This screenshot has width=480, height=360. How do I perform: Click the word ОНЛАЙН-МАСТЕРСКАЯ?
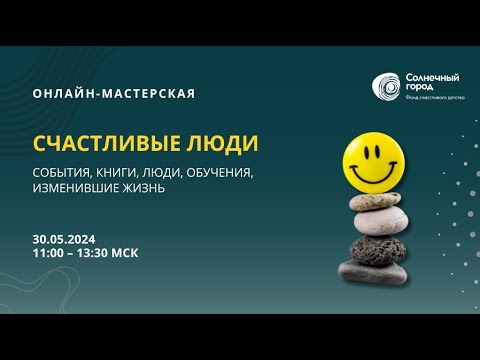pyautogui.click(x=113, y=94)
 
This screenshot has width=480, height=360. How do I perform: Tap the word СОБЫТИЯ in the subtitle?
pyautogui.click(x=62, y=172)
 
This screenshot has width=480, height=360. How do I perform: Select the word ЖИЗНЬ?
pyautogui.click(x=143, y=187)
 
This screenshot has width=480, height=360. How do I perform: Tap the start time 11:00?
pyautogui.click(x=47, y=254)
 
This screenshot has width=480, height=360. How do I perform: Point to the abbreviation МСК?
pyautogui.click(x=125, y=254)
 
